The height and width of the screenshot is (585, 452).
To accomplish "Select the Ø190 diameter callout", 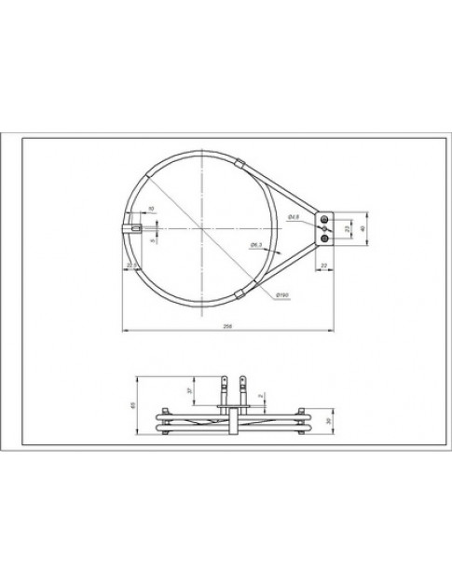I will [x=281, y=296].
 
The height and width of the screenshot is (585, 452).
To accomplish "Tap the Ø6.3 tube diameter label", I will [x=254, y=245].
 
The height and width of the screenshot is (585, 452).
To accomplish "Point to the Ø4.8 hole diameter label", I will [x=292, y=217].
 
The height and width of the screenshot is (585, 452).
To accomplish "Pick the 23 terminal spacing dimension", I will [x=348, y=226].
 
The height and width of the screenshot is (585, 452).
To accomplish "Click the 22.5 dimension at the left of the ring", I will [x=131, y=266].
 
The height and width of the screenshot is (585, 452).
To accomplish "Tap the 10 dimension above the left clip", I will [x=151, y=208].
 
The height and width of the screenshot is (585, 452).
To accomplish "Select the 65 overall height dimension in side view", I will [x=133, y=404].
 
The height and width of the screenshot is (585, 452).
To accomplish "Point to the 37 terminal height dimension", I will [x=189, y=392].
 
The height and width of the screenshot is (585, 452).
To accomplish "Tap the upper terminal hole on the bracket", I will [x=324, y=216].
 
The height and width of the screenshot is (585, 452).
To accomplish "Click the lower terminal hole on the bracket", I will [x=324, y=238].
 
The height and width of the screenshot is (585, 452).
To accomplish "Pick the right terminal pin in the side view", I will [x=243, y=383].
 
